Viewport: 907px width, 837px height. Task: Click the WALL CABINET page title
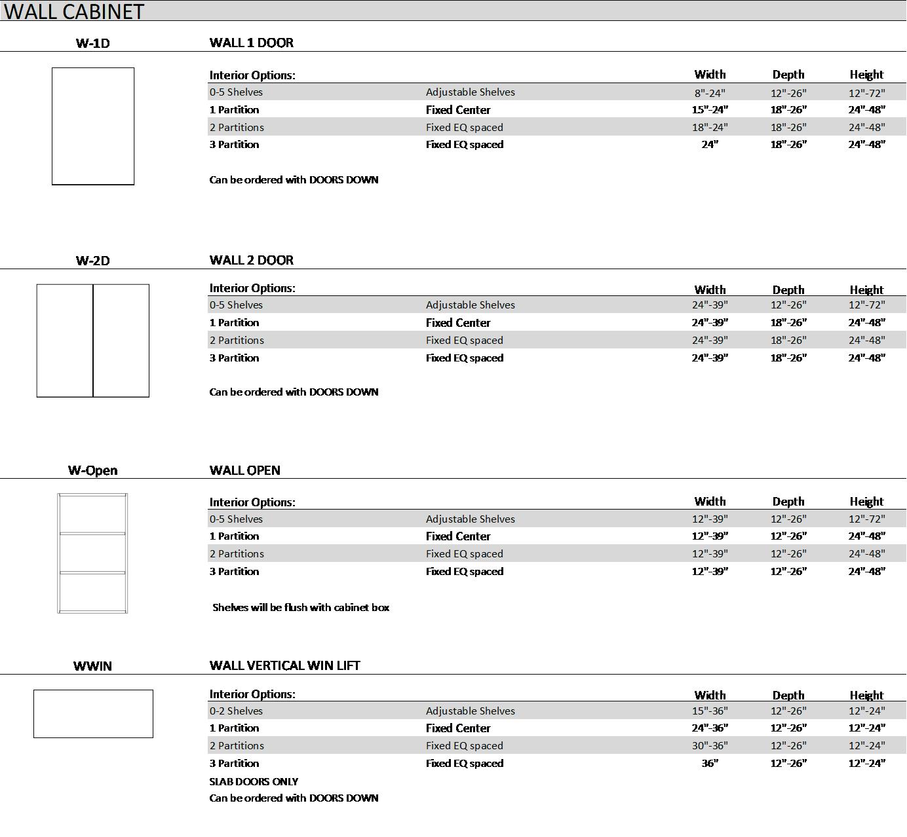pos(73,11)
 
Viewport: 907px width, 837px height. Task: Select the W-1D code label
pos(92,43)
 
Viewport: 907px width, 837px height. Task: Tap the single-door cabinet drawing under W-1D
pos(93,126)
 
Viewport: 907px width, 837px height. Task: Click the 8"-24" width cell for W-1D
pos(710,92)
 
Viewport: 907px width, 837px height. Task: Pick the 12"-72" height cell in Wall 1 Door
pos(866,92)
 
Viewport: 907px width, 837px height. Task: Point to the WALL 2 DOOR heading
pos(251,260)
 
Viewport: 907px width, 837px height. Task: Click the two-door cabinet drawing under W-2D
pos(93,341)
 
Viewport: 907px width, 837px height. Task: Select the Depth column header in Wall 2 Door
pos(788,289)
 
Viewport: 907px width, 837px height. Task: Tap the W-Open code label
pos(92,470)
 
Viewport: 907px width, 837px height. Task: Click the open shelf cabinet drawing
pos(92,553)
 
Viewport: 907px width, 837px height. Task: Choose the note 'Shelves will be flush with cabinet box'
pos(301,607)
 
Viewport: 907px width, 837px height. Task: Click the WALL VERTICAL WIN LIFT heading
pos(284,665)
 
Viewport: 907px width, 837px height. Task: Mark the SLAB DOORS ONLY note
pos(254,781)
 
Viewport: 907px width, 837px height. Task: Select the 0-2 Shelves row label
pos(236,711)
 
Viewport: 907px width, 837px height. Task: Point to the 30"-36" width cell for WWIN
pos(710,745)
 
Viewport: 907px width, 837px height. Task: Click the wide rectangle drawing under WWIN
pos(93,714)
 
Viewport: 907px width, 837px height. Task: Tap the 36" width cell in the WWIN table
pos(710,763)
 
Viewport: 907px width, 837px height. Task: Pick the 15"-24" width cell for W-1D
pos(710,109)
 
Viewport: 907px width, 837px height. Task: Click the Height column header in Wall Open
pos(866,502)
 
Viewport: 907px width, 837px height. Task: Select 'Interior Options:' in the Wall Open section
pos(252,502)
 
